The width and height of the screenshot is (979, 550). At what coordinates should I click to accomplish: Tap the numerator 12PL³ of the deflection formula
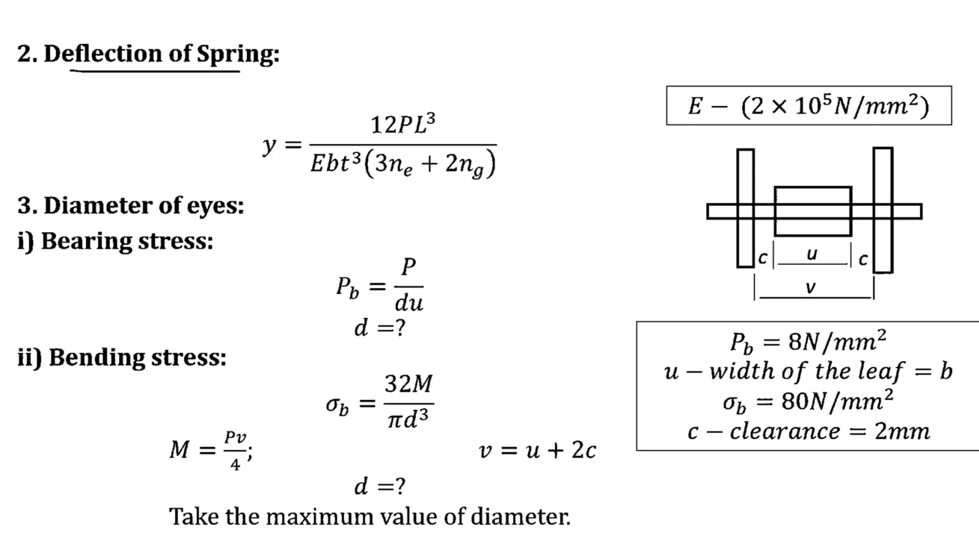click(x=402, y=125)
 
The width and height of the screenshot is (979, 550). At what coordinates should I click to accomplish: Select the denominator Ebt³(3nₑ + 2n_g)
click(x=402, y=164)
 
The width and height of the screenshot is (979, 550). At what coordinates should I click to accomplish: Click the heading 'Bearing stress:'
click(x=127, y=241)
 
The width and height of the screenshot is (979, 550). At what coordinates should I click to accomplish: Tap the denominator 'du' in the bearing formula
click(x=409, y=303)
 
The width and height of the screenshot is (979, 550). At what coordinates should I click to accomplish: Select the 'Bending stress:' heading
click(x=137, y=357)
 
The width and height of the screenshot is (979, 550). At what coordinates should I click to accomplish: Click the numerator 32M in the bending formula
click(x=408, y=384)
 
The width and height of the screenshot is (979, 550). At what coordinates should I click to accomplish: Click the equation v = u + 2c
click(x=537, y=450)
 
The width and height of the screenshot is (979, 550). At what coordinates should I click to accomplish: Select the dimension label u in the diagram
click(x=812, y=254)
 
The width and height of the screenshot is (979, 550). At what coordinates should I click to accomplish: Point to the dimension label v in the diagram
click(x=810, y=287)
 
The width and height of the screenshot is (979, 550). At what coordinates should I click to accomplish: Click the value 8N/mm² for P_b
click(x=837, y=341)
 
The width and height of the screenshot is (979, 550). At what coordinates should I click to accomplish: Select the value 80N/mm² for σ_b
click(x=837, y=401)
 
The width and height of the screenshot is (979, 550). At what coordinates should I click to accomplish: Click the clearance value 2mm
click(x=902, y=432)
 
